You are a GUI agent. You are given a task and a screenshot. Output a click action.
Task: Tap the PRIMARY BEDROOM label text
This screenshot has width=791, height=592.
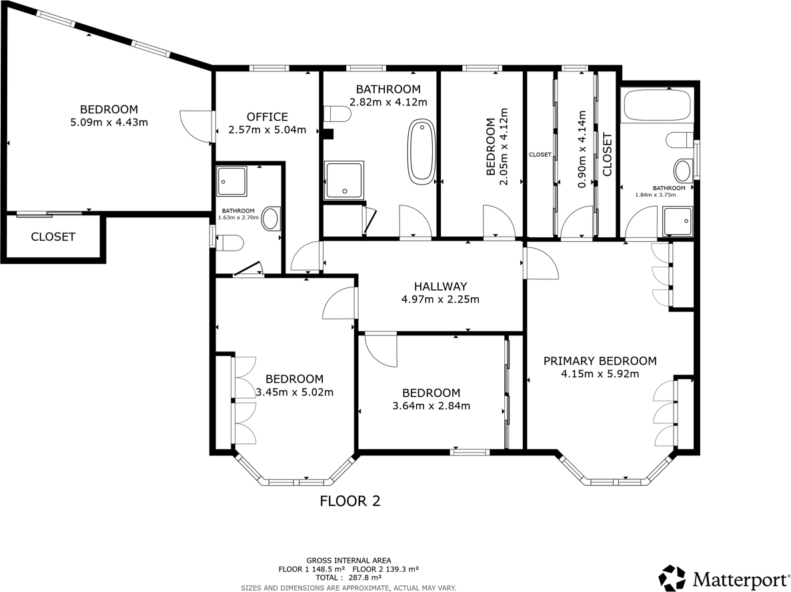(600, 361)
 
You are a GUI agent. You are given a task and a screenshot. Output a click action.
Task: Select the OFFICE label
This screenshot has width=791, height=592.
(267, 117)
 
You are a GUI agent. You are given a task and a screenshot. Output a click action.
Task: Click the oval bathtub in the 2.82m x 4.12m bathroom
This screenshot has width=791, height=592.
(422, 151)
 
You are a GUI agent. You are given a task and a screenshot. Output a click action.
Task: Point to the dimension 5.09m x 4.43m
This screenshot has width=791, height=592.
(109, 123)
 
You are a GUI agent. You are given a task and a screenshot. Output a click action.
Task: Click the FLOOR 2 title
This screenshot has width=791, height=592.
(350, 501)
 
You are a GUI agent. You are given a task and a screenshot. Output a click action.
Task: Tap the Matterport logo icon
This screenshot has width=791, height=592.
(672, 577)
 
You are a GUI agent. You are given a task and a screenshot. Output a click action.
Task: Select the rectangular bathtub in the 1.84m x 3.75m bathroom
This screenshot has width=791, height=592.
(656, 105)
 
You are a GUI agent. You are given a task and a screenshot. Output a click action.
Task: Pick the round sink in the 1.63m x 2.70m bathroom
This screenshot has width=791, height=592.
(271, 219)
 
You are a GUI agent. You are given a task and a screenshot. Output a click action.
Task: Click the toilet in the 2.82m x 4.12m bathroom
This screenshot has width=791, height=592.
(338, 115)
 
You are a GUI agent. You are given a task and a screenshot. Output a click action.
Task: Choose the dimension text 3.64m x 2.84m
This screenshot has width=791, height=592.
(430, 406)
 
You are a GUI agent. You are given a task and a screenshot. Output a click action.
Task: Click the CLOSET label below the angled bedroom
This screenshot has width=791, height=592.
(53, 237)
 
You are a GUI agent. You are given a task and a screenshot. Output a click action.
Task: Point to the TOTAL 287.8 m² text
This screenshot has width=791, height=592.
(348, 578)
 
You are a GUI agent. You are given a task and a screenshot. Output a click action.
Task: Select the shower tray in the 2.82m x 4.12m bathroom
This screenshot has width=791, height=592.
(344, 181)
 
